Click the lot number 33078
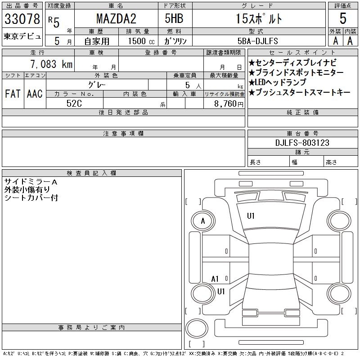[x=22, y=19]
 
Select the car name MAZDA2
[x=116, y=18]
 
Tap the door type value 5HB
[x=174, y=18]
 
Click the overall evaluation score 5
[x=343, y=18]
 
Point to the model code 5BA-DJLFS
[x=257, y=41]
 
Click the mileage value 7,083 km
[x=51, y=64]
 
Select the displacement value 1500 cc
[x=141, y=41]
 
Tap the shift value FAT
[x=13, y=94]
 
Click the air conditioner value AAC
[x=35, y=94]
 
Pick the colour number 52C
[x=74, y=103]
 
